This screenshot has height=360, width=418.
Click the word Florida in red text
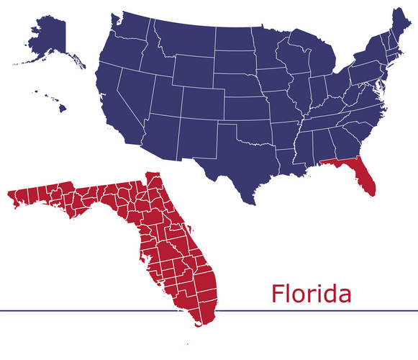click(x=311, y=294)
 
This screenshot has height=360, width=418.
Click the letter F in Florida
click(x=278, y=294)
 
